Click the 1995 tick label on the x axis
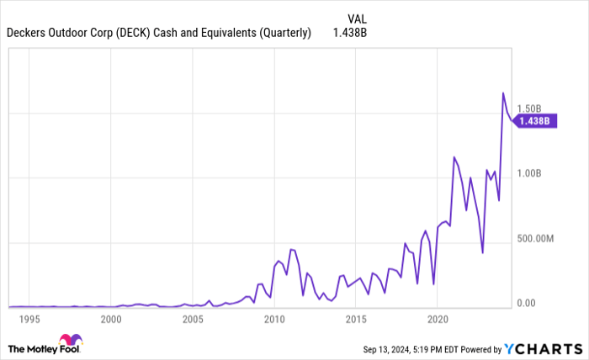[x=29, y=320]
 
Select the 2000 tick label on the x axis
[x=110, y=320]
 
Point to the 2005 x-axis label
[x=193, y=320]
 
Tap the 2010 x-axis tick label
[x=274, y=320]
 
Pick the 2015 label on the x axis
[x=356, y=320]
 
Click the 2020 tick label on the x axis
[x=438, y=320]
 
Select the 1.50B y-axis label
[x=535, y=109]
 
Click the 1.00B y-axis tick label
[x=535, y=173]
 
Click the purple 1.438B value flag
[x=533, y=121]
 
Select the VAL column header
[x=357, y=18]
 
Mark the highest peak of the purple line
[x=503, y=93]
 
